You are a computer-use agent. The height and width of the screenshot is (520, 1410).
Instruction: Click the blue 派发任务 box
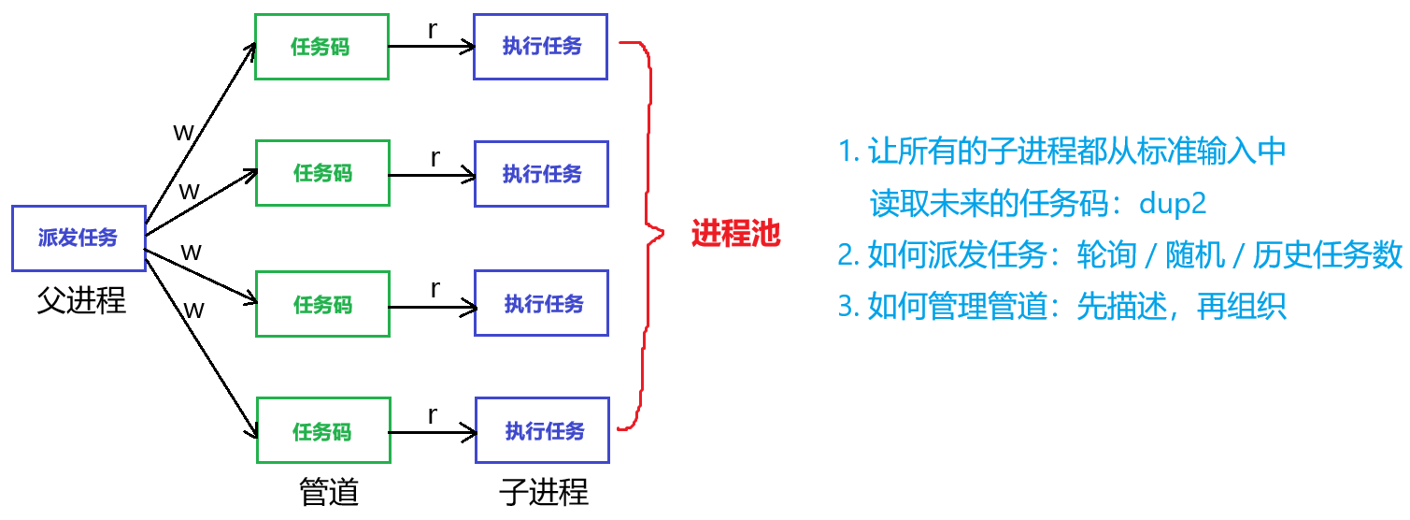coord(78,238)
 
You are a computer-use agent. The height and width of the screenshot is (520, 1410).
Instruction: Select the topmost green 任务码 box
coord(321,47)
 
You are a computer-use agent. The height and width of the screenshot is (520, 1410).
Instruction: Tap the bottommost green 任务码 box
coord(323,430)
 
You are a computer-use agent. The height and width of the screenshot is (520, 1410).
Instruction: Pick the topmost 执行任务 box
coord(541,47)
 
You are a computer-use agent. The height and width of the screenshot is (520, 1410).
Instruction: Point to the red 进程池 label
coord(735,234)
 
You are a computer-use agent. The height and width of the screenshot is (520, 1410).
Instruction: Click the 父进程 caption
coord(81,300)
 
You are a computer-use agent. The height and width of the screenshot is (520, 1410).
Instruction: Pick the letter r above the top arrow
coord(433,30)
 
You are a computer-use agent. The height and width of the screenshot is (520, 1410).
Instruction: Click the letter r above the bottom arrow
coord(433,414)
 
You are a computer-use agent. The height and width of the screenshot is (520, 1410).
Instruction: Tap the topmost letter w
coord(184,131)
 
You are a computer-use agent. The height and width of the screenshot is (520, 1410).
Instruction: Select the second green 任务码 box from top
coord(323,173)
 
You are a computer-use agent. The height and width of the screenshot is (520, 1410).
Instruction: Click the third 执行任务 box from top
coord(543,302)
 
